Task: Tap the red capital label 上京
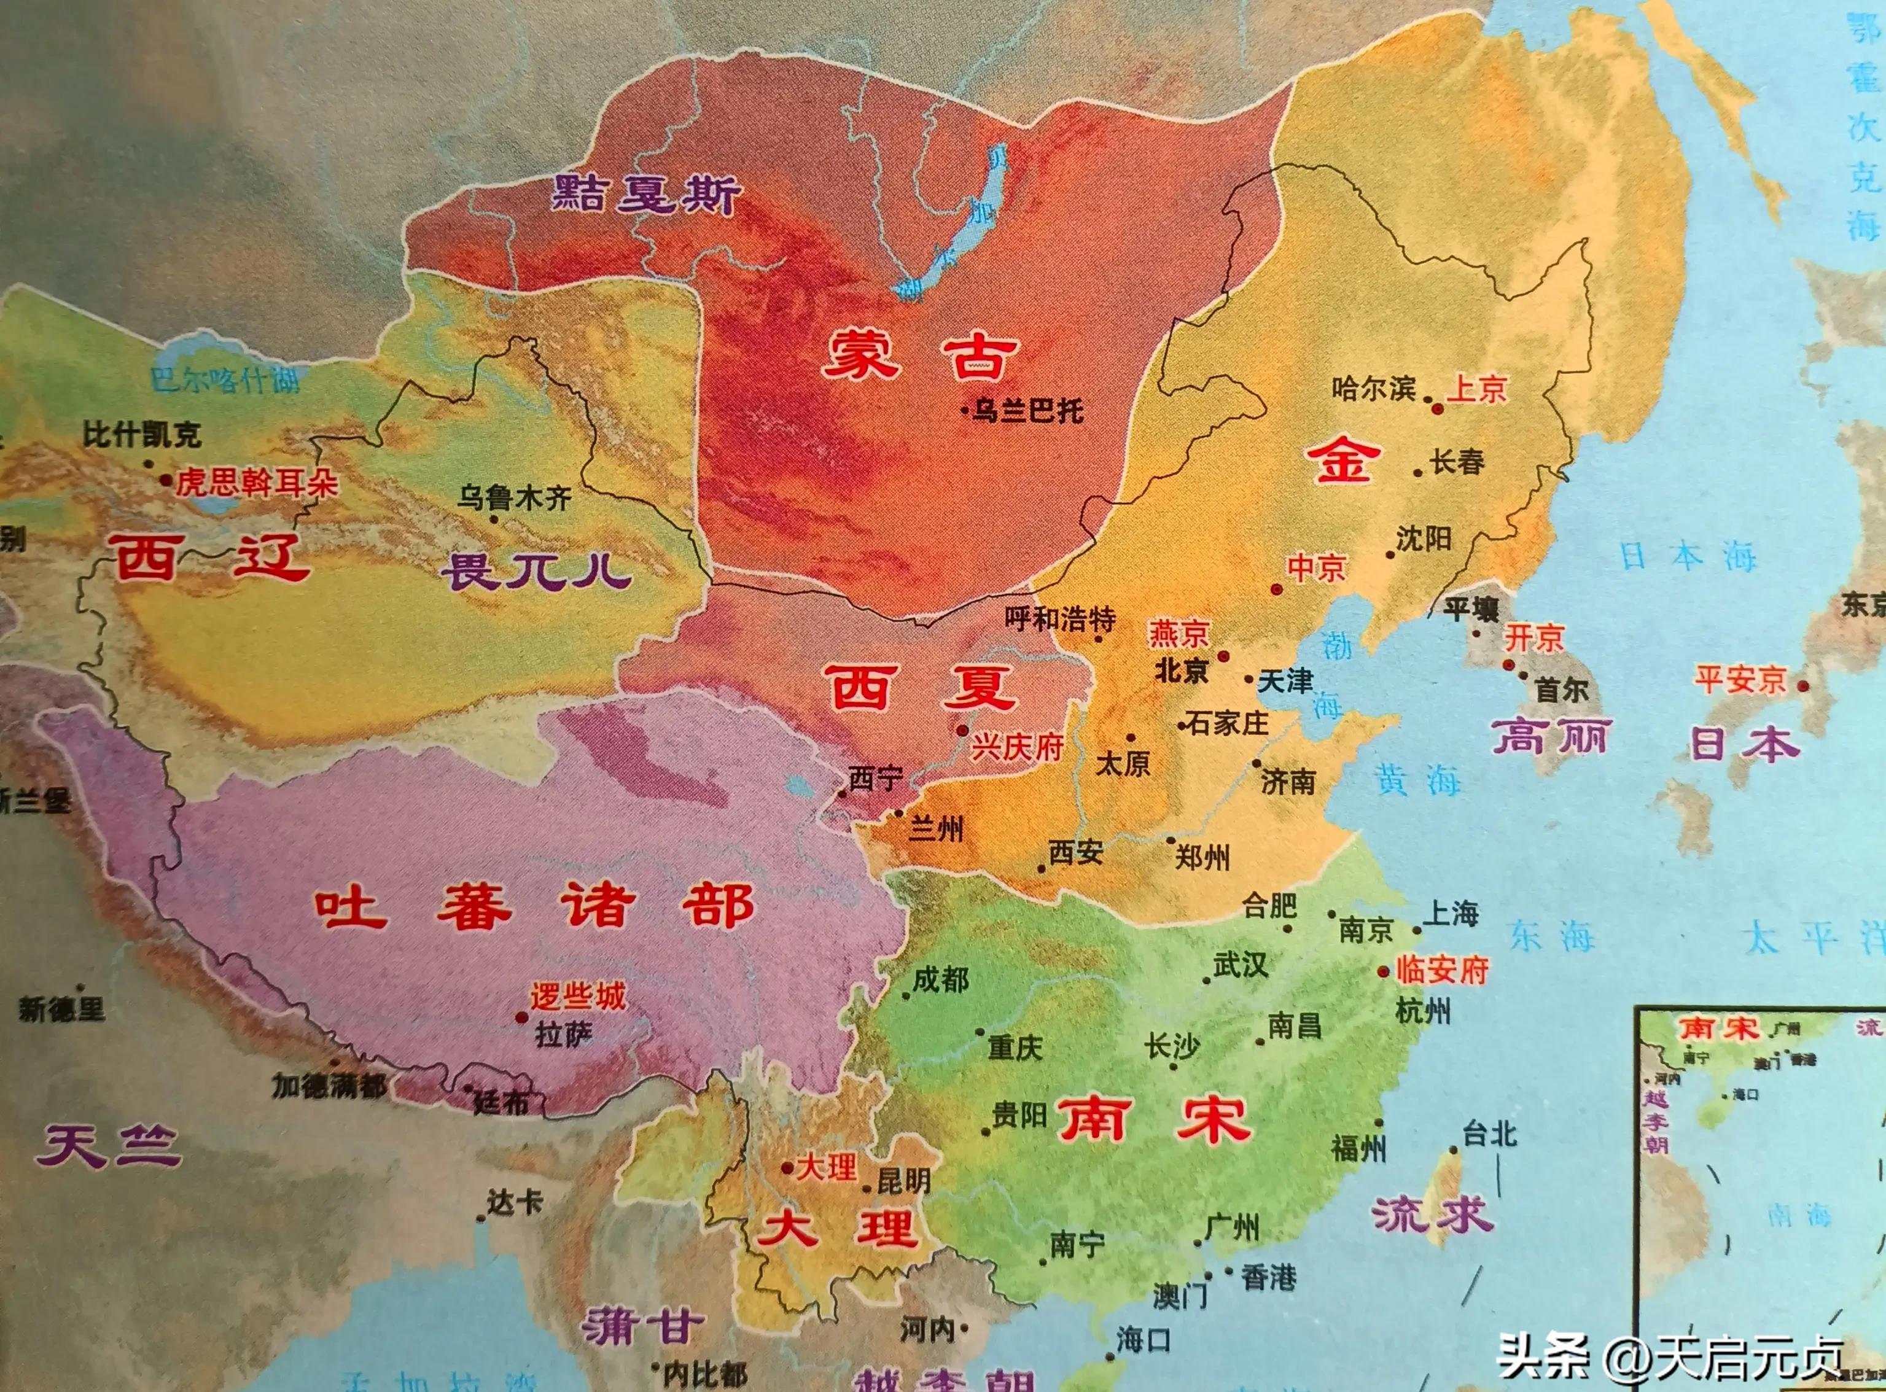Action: tap(1476, 389)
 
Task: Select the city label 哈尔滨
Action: tap(1374, 389)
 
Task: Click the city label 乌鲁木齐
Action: tap(514, 498)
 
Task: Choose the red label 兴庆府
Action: tap(1017, 747)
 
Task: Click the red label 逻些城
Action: tap(578, 997)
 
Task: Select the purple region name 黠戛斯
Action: tap(646, 195)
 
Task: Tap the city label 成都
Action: tap(940, 980)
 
